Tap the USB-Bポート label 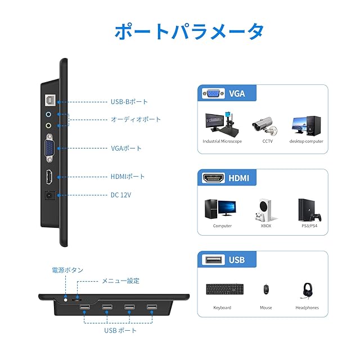pyautogui.click(x=129, y=102)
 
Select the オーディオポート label pyautogui.click(x=136, y=119)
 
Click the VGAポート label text pyautogui.click(x=126, y=148)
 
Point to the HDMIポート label pyautogui.click(x=128, y=177)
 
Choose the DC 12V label pyautogui.click(x=122, y=195)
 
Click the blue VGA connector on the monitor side pyautogui.click(x=49, y=149)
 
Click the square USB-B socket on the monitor pyautogui.click(x=49, y=100)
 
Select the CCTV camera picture pyautogui.click(x=262, y=125)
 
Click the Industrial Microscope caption pyautogui.click(x=222, y=141)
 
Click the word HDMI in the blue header pyautogui.click(x=238, y=178)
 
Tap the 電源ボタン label pyautogui.click(x=67, y=271)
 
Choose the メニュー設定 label pyautogui.click(x=120, y=281)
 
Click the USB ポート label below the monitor pyautogui.click(x=120, y=330)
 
